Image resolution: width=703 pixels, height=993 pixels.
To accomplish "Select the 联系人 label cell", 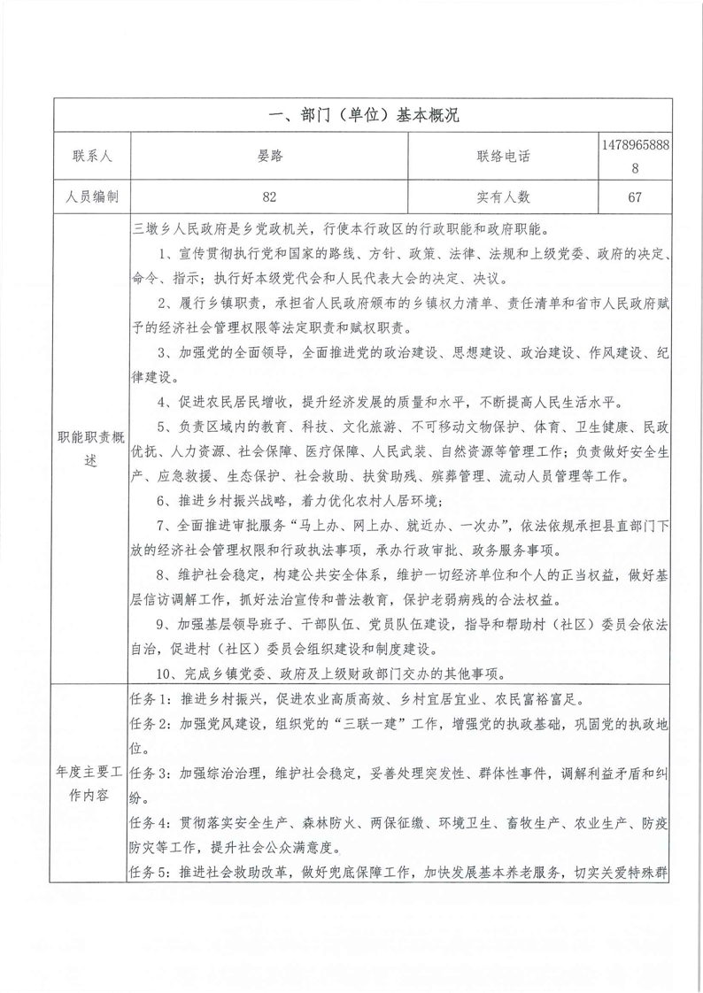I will point(92,157).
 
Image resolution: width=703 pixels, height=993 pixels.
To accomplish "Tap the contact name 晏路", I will point(270,157).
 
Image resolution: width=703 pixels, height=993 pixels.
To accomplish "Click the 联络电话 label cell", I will point(502,157).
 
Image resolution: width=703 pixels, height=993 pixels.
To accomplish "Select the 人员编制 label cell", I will point(92,197).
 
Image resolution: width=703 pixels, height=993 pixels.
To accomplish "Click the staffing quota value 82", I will point(270,197).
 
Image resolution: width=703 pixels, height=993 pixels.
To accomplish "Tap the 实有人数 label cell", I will point(502,197).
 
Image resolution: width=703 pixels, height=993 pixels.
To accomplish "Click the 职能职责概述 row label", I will point(92,449).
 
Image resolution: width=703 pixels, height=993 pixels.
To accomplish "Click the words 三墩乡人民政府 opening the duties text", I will point(178,229).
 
